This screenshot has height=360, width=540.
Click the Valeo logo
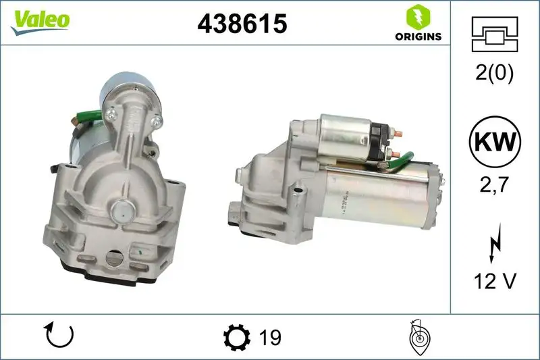click(40, 20)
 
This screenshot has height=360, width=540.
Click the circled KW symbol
click(495, 143)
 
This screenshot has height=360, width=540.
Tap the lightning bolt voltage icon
click(495, 242)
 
